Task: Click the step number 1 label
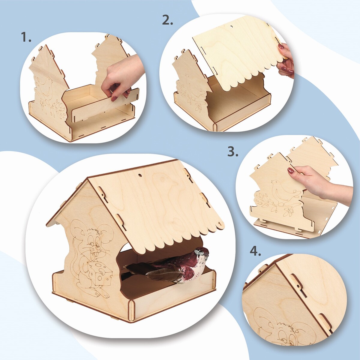[x=26, y=37]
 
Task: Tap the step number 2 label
[x=167, y=20]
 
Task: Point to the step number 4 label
[x=255, y=251]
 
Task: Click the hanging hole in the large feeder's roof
[x=140, y=175]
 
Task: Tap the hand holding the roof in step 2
[x=286, y=60]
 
